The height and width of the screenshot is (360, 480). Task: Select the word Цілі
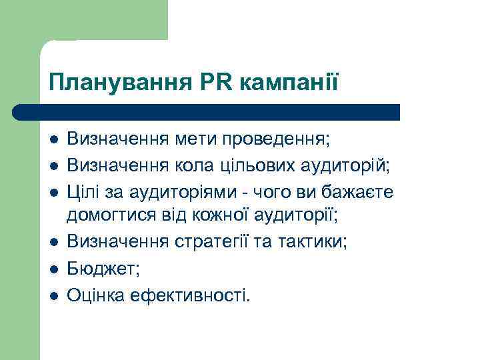tap(83, 192)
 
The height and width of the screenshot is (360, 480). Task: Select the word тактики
tap(314, 241)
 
